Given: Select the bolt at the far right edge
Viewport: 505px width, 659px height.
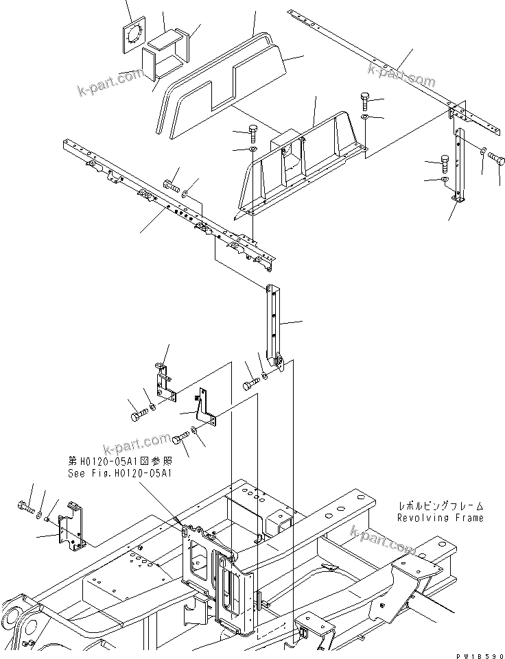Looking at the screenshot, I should [x=496, y=158].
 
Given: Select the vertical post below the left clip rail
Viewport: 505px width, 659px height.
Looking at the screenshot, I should [x=274, y=322].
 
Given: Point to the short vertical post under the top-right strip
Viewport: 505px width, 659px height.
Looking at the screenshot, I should [x=459, y=165].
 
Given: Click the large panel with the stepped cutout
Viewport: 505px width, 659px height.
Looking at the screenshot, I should [x=226, y=89].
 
